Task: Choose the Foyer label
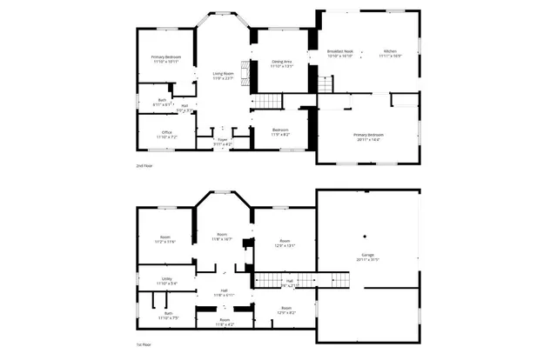(223, 141)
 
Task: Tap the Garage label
(368, 257)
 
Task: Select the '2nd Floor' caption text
(144, 164)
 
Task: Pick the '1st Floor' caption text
(144, 345)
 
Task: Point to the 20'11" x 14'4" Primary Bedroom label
(369, 137)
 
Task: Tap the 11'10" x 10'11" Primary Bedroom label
(166, 59)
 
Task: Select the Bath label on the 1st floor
(167, 315)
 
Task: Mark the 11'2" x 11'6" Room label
(165, 240)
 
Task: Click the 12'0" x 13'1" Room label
(285, 243)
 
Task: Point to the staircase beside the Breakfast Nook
(325, 84)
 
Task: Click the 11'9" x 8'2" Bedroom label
(281, 133)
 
